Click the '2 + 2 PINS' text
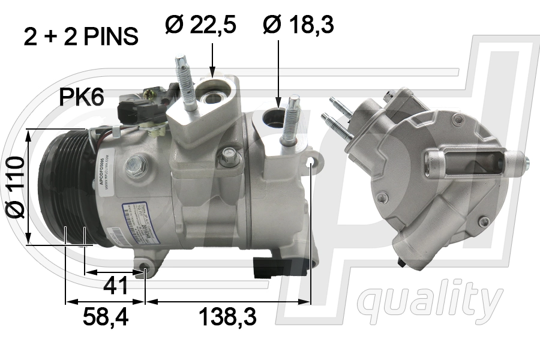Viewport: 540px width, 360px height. point(81,37)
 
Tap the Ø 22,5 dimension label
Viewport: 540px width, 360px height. point(200,25)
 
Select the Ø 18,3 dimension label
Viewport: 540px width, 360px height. point(298,25)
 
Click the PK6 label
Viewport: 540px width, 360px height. point(81,97)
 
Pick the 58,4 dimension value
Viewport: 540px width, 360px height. point(105,316)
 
